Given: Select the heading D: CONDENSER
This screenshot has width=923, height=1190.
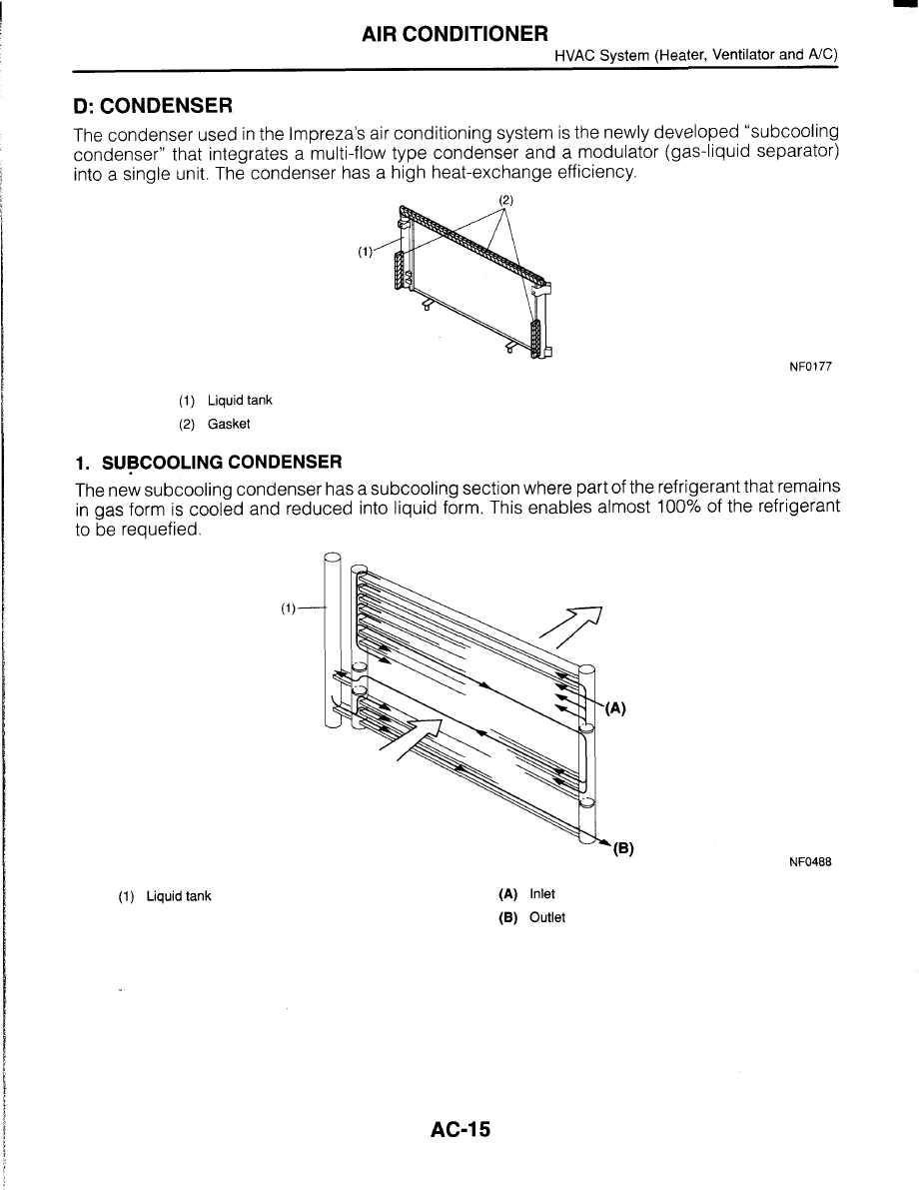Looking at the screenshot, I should [153, 105].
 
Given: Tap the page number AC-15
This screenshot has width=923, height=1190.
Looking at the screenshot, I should [461, 1130].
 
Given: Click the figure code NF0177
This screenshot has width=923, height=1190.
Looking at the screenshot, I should [811, 367].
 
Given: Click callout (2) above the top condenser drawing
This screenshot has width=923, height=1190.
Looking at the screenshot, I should [505, 200].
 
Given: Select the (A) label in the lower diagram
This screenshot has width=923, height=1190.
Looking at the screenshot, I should [615, 708].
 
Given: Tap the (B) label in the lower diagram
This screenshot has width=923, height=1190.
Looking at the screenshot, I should [623, 850].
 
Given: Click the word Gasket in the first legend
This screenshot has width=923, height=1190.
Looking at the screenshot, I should [229, 424].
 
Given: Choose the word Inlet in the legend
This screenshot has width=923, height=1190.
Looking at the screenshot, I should [542, 894].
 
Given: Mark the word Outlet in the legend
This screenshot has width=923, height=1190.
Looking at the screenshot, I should [546, 917].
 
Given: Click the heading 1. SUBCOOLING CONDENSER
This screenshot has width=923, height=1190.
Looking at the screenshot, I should [209, 462].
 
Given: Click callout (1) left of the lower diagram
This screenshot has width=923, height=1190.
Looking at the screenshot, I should [289, 607].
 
